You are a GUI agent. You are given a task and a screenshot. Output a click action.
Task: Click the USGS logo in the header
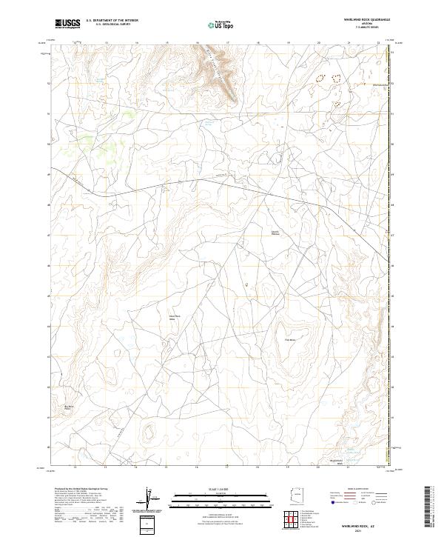[x=67, y=24]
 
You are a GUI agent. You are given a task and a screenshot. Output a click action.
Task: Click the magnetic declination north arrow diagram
[x=152, y=500]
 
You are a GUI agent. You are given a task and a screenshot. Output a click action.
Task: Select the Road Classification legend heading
[x=356, y=490]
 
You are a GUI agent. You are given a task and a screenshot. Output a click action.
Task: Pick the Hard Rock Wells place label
[x=175, y=317]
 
